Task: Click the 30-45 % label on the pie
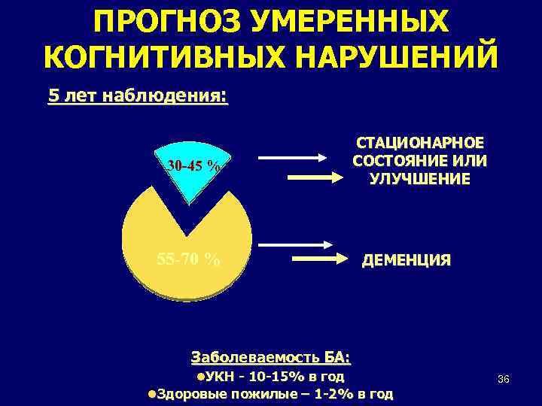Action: tap(193, 165)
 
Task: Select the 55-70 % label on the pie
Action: tap(188, 260)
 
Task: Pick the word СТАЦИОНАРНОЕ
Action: tap(419, 144)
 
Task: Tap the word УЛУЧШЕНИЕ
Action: tap(419, 179)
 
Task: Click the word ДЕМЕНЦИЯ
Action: tap(406, 261)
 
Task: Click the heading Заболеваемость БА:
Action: tap(271, 356)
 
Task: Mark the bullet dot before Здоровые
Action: tap(152, 394)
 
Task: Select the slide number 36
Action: tap(504, 379)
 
